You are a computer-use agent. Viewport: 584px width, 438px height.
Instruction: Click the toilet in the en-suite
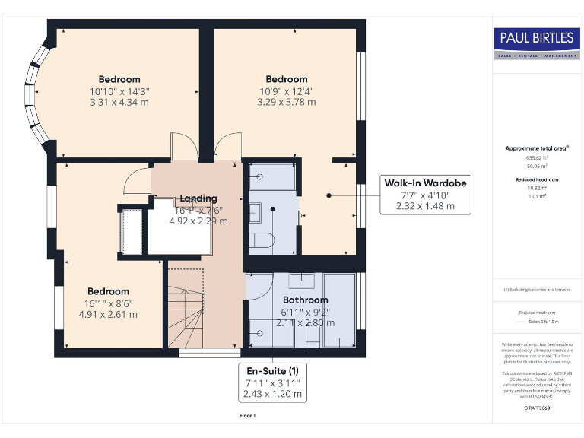pos(262,241)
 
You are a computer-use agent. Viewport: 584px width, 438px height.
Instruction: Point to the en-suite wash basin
pos(256,210)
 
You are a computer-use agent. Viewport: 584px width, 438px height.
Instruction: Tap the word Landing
pos(198,198)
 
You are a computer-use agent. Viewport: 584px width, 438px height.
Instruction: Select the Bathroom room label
pos(306,300)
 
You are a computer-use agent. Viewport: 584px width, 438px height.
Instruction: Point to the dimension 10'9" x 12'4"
pos(286,90)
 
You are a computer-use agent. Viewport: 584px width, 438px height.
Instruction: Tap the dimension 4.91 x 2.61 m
pos(108,313)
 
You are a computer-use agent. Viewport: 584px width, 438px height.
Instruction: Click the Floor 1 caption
pos(247,416)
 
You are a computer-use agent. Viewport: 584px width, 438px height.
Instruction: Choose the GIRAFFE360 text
pos(537,409)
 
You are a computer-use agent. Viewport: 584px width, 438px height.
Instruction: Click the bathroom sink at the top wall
pos(300,279)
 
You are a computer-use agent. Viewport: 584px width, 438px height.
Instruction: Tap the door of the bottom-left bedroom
pos(137,180)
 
